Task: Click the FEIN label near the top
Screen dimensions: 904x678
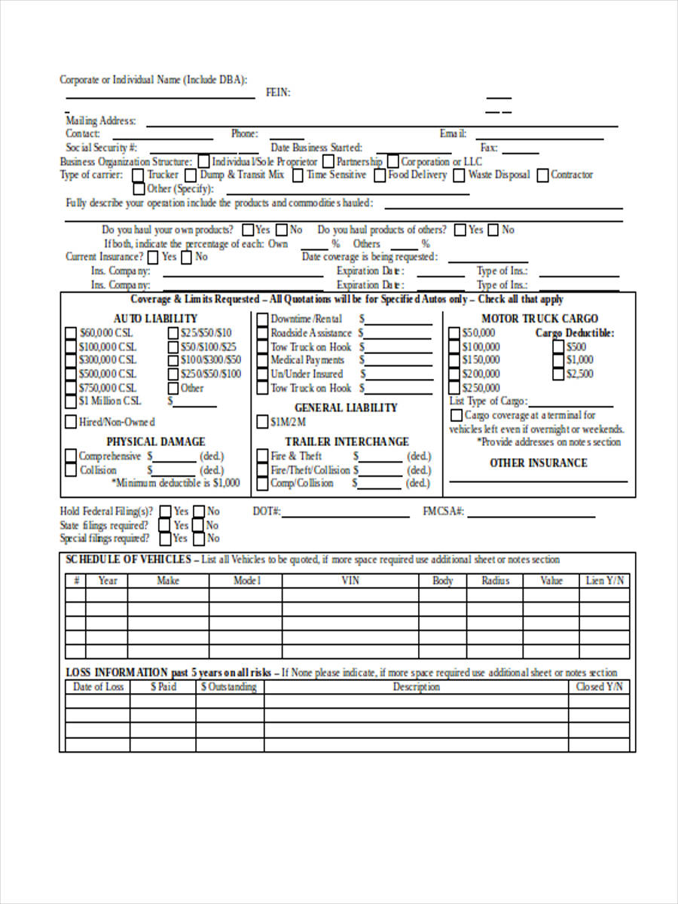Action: coord(278,93)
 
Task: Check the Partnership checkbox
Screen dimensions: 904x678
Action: coord(329,161)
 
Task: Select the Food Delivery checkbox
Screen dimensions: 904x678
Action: coord(380,175)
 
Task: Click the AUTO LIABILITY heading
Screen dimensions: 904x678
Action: coord(155,319)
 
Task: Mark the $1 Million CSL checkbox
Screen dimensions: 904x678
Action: coord(70,402)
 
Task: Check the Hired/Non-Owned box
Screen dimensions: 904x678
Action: coord(70,422)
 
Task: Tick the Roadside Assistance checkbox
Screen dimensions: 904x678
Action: coord(262,333)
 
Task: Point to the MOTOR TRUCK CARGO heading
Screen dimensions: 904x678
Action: coord(539,319)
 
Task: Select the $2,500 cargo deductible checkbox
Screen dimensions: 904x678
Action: coord(558,374)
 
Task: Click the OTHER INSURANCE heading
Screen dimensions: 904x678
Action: coord(538,463)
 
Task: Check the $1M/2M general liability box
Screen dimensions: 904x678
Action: coord(262,422)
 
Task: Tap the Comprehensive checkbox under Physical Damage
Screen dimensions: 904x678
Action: coord(70,457)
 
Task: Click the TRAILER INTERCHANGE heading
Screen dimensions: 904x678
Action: coord(347,441)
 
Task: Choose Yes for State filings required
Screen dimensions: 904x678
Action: coord(165,525)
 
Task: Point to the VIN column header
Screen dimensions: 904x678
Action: coord(350,581)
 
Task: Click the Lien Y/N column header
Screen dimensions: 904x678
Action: coord(605,581)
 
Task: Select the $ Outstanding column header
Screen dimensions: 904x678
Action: coord(229,687)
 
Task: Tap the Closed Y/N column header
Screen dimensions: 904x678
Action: coord(600,687)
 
